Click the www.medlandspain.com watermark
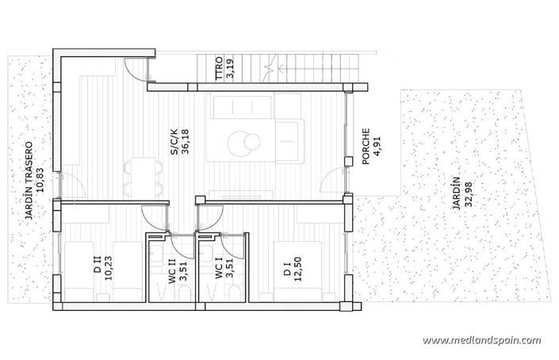[x=482, y=340]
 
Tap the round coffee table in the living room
[x=241, y=143]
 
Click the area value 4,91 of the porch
[x=377, y=146]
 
